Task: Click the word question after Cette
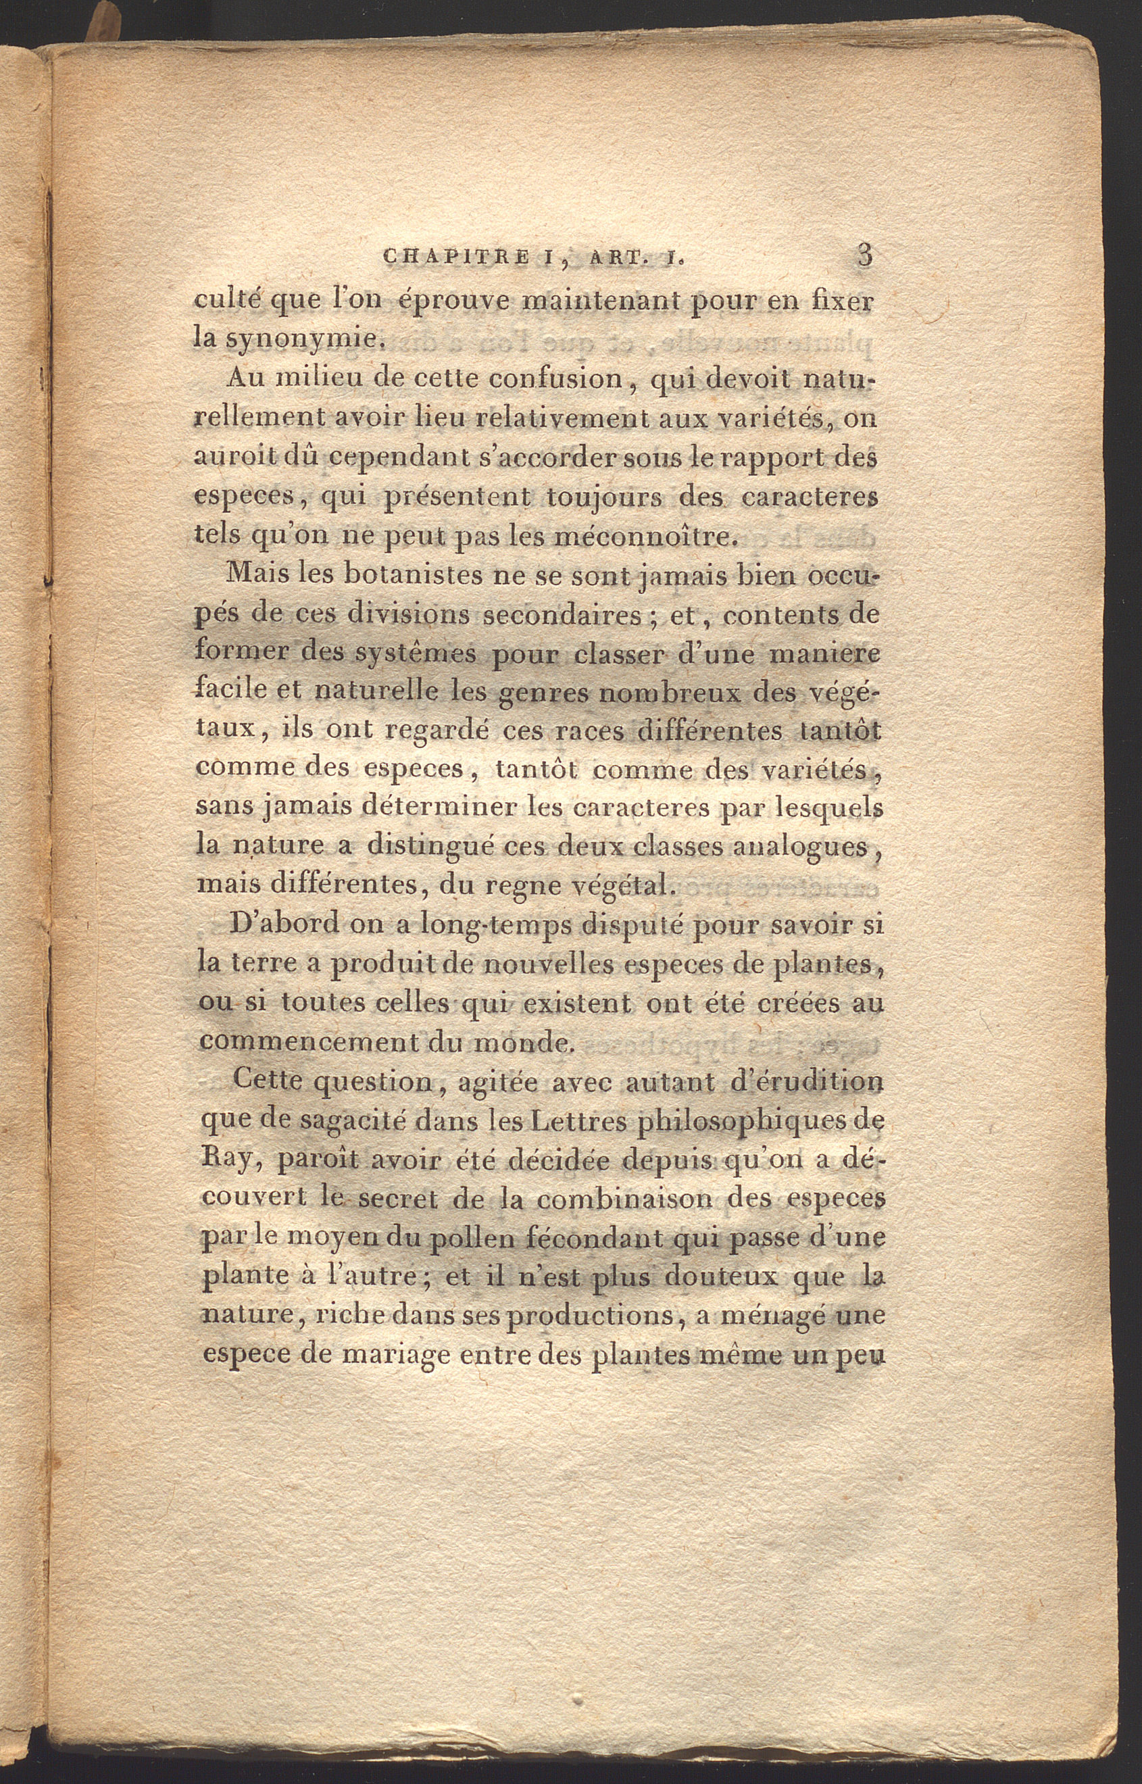pyautogui.click(x=374, y=1083)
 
